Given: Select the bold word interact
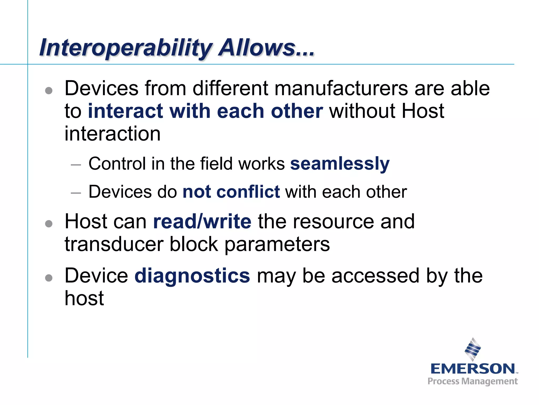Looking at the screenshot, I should click(x=125, y=111).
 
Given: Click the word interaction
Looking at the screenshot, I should click(x=112, y=134).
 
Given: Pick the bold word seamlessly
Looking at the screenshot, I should click(x=340, y=164).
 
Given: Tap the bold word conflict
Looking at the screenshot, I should click(x=248, y=192).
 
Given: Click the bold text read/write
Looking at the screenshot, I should click(x=202, y=221).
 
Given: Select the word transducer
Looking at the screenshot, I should click(x=114, y=244).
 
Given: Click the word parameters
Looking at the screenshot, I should click(x=277, y=245).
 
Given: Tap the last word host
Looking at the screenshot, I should click(x=84, y=298).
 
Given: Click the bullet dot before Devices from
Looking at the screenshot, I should click(x=49, y=91).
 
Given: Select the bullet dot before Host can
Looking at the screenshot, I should click(x=49, y=224).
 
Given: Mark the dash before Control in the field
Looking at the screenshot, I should click(x=76, y=165).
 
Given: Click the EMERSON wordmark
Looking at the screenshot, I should click(x=473, y=369).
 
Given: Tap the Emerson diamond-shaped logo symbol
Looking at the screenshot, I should click(x=473, y=349).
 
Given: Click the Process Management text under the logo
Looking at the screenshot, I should click(x=473, y=381).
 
